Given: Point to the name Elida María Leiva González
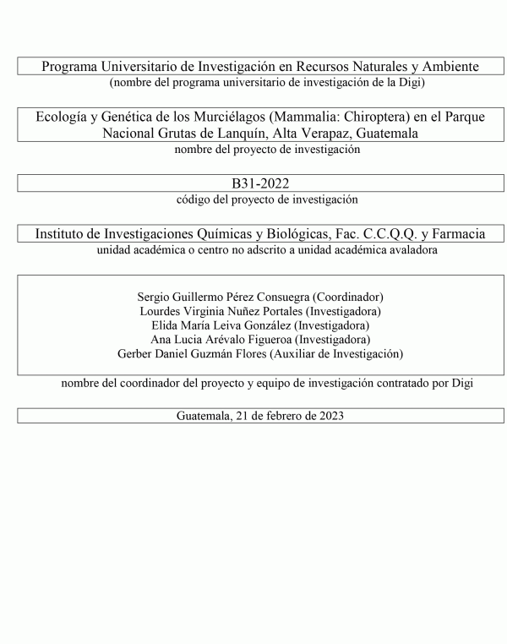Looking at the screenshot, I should (x=218, y=325).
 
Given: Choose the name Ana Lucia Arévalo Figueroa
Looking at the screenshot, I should (x=217, y=339).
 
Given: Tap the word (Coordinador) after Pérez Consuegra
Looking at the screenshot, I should (x=349, y=297).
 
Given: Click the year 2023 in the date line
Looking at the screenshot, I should (x=329, y=416).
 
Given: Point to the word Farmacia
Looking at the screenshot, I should (x=456, y=233).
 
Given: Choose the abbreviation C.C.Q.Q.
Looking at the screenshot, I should (x=378, y=233).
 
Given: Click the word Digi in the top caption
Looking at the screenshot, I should (x=411, y=82).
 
